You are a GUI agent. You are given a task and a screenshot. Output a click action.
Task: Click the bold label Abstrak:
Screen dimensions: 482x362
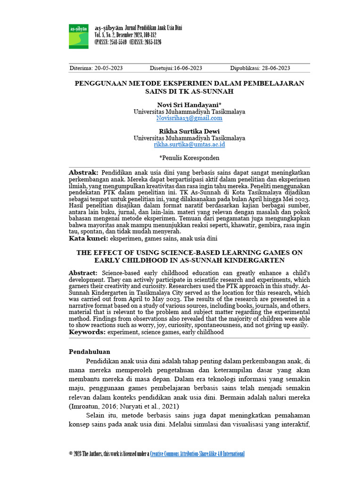tap(83, 173)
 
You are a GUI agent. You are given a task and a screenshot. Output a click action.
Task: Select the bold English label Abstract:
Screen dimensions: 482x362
tap(83, 273)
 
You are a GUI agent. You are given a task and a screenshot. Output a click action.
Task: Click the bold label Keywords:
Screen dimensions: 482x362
tap(87, 332)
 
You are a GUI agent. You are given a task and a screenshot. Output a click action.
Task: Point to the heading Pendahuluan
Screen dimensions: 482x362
tap(90, 351)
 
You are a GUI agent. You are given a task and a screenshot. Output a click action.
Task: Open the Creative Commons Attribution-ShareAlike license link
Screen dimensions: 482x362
tap(197, 454)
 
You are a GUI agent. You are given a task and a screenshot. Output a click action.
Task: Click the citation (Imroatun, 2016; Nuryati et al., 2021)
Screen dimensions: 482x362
tap(124, 406)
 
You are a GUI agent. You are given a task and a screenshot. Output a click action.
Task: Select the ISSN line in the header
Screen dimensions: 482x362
tap(128, 42)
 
